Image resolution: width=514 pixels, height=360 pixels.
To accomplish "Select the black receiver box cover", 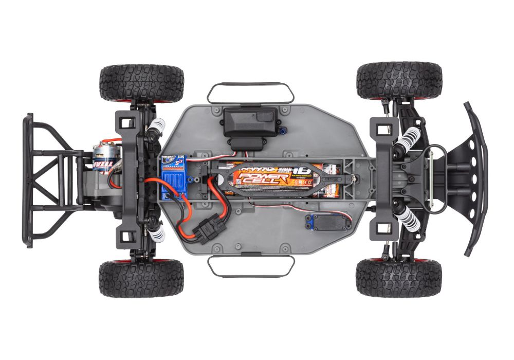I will [250, 121].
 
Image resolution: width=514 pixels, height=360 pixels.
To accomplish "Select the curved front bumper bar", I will [476, 177].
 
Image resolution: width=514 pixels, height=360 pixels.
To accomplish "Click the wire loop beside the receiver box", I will [250, 92].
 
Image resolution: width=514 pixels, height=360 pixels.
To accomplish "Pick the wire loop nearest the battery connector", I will [250, 266].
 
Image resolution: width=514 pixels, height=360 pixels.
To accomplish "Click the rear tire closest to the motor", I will [141, 82].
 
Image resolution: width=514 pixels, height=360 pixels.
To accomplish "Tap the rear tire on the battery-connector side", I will [141, 278].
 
